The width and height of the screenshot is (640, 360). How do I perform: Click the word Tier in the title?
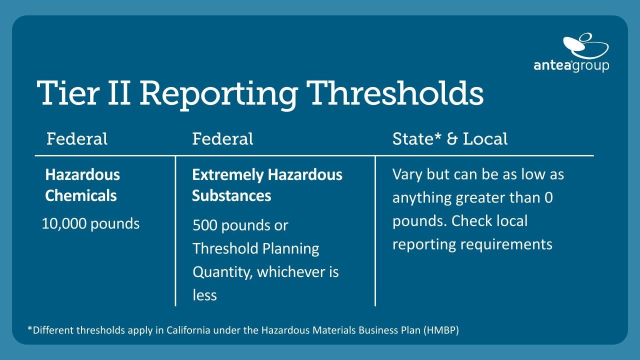pyautogui.click(x=68, y=93)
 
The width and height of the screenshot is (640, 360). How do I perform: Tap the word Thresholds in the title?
pyautogui.click(x=395, y=92)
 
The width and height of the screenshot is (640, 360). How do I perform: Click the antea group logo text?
pyautogui.click(x=571, y=65)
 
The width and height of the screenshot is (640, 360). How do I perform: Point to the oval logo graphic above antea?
pyautogui.click(x=585, y=46)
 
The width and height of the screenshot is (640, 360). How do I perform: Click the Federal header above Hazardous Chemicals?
pyautogui.click(x=77, y=139)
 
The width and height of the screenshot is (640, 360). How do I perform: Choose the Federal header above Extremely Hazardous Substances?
pyautogui.click(x=222, y=139)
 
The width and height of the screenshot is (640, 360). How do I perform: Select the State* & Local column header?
pyautogui.click(x=449, y=139)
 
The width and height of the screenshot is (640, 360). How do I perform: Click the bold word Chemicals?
pyautogui.click(x=81, y=195)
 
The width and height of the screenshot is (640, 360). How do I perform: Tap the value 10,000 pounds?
pyautogui.click(x=90, y=223)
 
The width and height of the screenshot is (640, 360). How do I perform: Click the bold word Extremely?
pyautogui.click(x=227, y=175)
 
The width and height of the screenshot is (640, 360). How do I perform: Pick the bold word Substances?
pyautogui.click(x=231, y=195)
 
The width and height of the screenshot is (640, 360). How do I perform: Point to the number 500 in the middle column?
pyautogui.click(x=205, y=225)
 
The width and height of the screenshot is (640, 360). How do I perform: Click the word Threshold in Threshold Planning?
pyautogui.click(x=225, y=248)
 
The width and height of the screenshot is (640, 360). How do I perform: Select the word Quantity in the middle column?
pyautogui.click(x=222, y=272)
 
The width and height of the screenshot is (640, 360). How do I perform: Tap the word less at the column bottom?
pyautogui.click(x=204, y=295)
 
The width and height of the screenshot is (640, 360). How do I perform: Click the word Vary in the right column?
pyautogui.click(x=407, y=175)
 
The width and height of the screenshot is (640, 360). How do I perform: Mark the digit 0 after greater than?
pyautogui.click(x=548, y=197)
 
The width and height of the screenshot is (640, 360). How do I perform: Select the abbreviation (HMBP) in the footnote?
pyautogui.click(x=441, y=330)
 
